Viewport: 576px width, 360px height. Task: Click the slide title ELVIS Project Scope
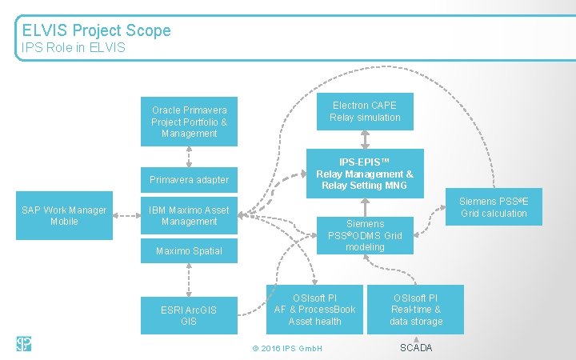coord(96,30)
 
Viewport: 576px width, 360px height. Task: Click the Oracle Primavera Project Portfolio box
coord(189,122)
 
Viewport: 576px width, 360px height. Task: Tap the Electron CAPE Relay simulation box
coord(365,111)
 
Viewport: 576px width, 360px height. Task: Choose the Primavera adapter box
coord(189,180)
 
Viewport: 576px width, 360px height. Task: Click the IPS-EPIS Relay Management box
coord(365,174)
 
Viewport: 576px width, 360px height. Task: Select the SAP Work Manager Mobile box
coord(64,215)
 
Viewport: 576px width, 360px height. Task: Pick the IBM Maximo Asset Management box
coord(189,215)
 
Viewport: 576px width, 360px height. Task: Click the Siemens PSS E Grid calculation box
coord(494,207)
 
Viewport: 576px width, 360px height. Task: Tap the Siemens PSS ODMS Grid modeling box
coord(365,236)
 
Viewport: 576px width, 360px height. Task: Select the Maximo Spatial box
coord(189,251)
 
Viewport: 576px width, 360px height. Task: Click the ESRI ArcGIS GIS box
coord(189,315)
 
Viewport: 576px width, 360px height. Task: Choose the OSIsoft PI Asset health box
coord(314,310)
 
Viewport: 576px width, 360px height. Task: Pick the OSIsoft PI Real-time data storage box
coord(415,310)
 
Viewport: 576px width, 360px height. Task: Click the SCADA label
coord(415,347)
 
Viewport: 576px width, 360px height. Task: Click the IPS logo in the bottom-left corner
coord(23,344)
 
